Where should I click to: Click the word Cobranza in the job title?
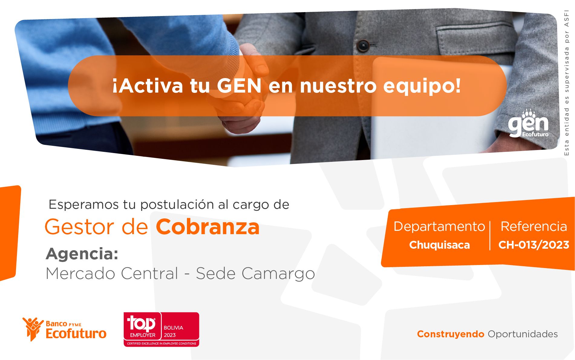pos(208,227)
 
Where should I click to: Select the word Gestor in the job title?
pos(81,227)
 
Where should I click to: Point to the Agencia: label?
pos(82,254)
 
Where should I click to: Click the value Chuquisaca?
pos(439,245)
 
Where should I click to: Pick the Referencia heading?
pos(534,226)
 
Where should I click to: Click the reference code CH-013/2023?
pos(534,245)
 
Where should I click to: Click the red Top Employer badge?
pos(161,329)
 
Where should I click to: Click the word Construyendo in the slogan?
pos(451,334)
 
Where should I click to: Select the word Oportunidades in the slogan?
pos(523,334)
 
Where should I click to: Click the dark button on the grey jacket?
pos(362,45)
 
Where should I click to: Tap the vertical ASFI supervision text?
pos(567,83)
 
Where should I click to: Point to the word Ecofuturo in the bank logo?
pos(76,333)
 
